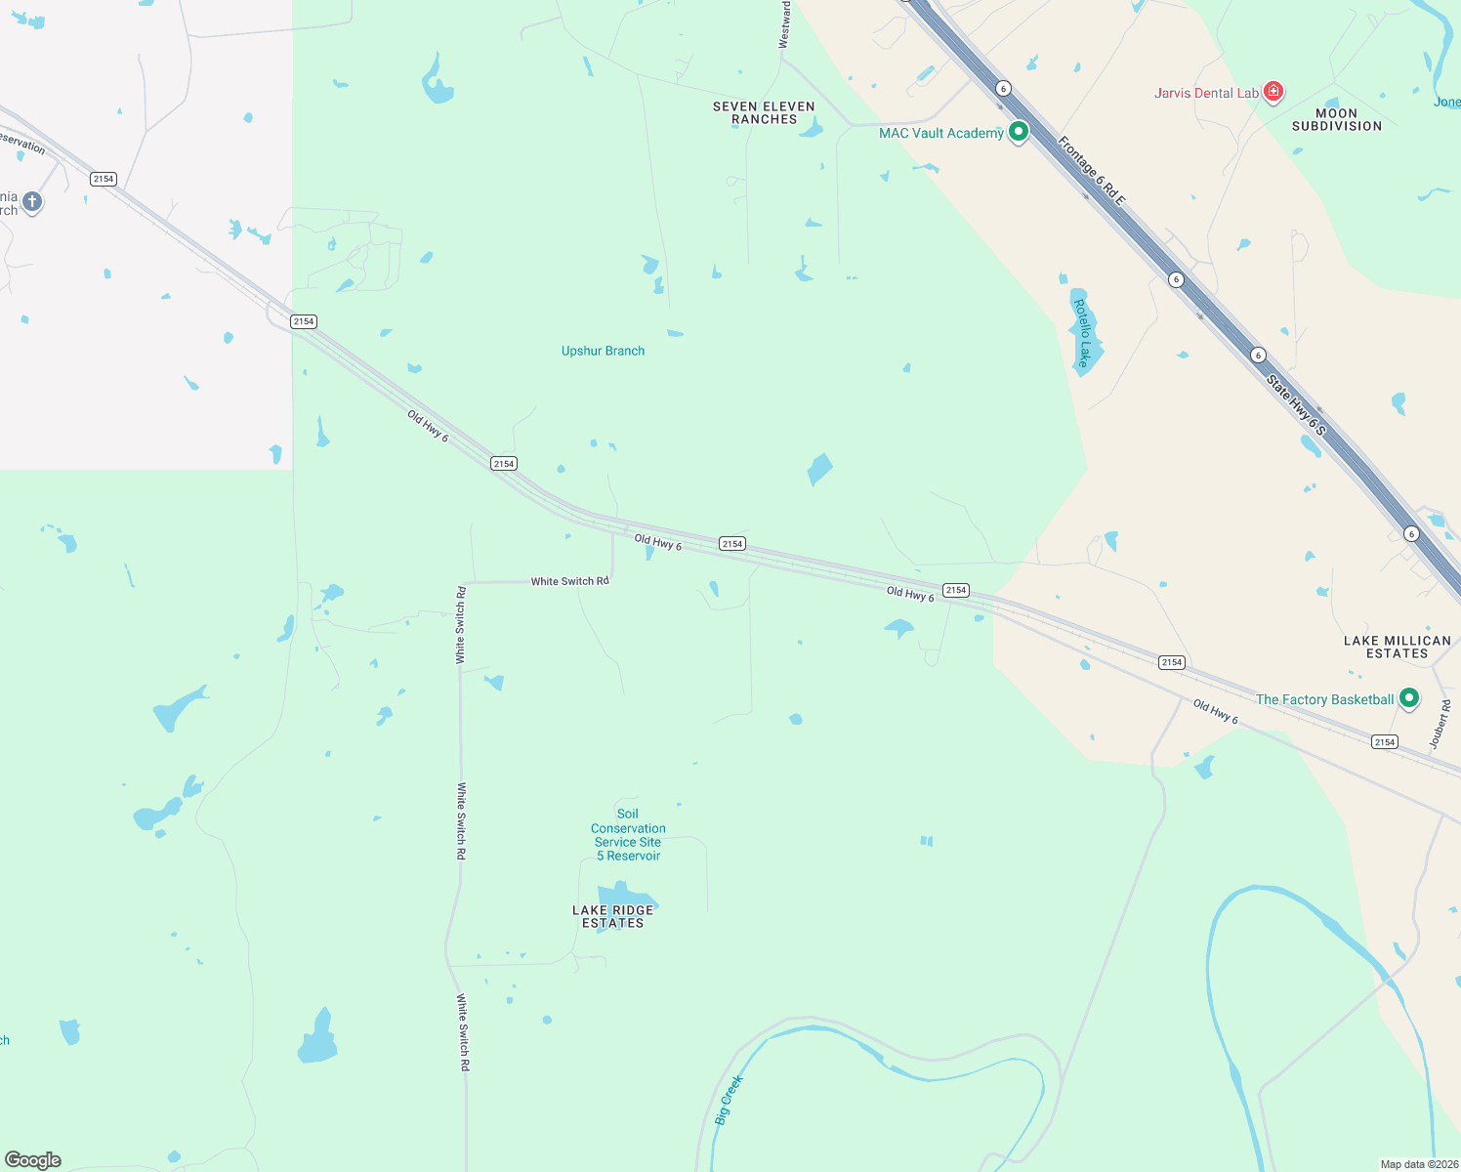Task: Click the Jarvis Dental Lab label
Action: point(1206,93)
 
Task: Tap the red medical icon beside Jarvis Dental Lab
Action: point(1273,92)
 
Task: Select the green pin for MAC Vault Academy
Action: point(1019,132)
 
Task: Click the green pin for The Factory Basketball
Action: point(1408,698)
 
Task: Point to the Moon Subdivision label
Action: point(1336,119)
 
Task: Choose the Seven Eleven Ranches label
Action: point(764,112)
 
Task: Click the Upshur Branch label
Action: point(603,351)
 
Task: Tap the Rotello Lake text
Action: point(1082,333)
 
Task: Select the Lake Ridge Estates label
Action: point(612,916)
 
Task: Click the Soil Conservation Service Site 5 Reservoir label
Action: point(628,834)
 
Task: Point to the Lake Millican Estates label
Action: point(1397,647)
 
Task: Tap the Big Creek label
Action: point(729,1100)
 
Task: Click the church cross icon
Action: point(32,201)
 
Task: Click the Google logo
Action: point(33,1159)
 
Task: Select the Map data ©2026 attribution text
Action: point(1418,1164)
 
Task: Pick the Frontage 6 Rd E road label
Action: point(1092,171)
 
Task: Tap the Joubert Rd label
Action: point(1440,724)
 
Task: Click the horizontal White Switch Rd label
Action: point(569,581)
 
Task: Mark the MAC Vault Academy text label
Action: point(940,133)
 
